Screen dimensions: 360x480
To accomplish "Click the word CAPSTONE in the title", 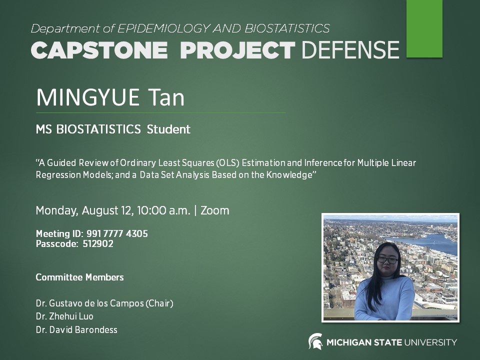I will (99, 50).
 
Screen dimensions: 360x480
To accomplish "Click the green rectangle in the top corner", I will (424, 28).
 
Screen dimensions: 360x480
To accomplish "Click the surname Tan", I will (165, 97).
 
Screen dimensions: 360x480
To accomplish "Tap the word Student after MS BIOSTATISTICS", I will (168, 129).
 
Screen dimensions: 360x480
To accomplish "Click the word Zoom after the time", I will (215, 210).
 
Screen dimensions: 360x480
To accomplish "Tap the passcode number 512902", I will (98, 244).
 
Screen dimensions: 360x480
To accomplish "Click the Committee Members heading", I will (79, 277).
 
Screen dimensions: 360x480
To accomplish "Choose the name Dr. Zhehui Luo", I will (64, 316).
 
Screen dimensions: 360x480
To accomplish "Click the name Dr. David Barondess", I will (76, 329).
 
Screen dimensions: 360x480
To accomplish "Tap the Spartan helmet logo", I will (315, 341).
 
